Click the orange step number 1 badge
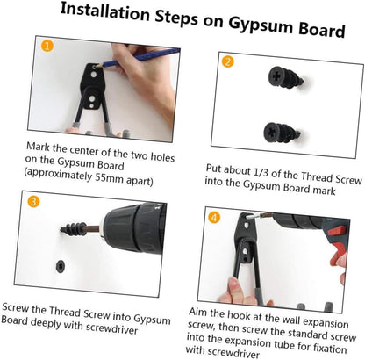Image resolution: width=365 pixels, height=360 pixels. click(47, 46)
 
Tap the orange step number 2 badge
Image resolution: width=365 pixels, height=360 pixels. click(228, 61)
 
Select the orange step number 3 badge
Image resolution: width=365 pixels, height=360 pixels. click(33, 201)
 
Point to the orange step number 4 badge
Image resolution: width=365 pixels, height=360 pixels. click(214, 217)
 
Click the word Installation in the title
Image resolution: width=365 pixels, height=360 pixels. click(104, 12)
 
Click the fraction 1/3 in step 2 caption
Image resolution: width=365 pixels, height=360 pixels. click(261, 172)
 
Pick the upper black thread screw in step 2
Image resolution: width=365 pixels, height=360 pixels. click(285, 77)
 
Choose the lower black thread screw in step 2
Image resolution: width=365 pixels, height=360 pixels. click(282, 133)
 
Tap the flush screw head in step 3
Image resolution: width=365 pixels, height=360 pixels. click(61, 266)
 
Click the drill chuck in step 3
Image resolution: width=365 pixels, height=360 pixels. click(134, 227)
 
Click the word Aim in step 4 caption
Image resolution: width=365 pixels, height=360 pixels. click(198, 312)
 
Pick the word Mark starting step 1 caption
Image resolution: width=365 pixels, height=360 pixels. click(39, 147)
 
